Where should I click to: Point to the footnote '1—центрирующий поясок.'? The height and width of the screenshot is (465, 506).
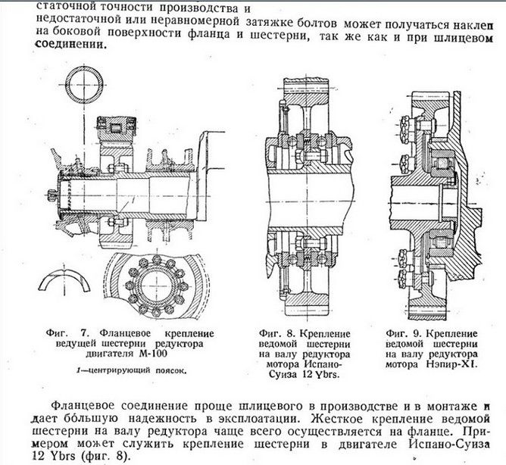[x=130, y=370]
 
